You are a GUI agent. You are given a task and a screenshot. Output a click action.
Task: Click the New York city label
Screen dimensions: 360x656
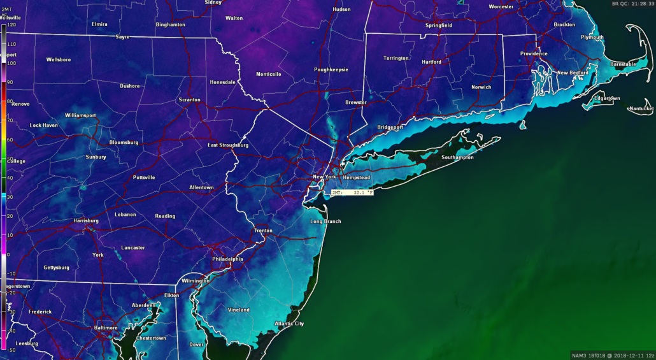324,176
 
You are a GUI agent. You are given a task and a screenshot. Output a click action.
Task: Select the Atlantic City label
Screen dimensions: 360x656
289,324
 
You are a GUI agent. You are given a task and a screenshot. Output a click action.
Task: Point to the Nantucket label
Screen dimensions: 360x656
641,109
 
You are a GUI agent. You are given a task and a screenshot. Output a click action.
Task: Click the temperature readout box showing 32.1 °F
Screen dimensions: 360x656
352,192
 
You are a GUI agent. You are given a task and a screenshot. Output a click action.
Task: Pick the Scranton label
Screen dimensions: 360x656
189,100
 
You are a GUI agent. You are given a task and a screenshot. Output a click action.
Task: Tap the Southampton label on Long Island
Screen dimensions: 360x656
457,157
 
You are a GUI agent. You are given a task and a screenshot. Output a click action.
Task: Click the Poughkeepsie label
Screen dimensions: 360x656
331,69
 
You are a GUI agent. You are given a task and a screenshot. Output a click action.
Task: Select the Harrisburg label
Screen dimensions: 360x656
86,220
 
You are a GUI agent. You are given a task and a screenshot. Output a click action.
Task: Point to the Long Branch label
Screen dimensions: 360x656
325,221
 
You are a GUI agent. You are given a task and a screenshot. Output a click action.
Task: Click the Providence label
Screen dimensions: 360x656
534,54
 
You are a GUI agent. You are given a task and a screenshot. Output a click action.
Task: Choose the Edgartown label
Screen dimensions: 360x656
606,98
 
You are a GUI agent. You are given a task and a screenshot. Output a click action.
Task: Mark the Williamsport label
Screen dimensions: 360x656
80,115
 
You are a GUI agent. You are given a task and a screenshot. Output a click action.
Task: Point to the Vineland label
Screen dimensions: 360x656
239,310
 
